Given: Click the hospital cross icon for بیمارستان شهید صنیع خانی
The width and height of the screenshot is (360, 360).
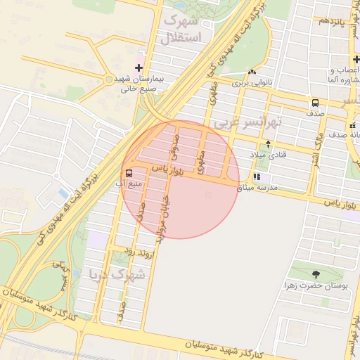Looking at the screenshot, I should [139, 69].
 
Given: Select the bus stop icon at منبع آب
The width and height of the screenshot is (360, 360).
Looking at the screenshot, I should [129, 173].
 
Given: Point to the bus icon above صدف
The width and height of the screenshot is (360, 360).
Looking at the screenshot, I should [314, 103].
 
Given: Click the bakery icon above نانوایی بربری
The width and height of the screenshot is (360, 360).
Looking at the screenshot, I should [251, 72].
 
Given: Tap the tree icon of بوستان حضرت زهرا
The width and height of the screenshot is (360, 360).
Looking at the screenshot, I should [314, 274].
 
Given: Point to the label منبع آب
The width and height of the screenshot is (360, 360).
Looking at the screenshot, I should [129, 185].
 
